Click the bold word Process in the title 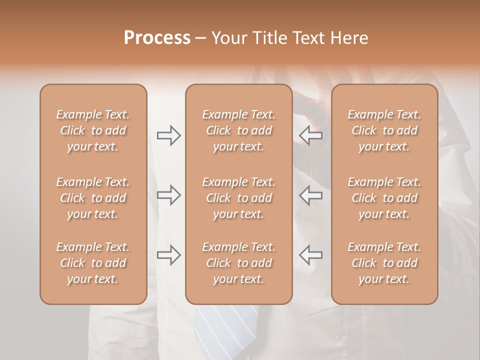pos(157,37)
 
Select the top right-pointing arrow pos(169,135)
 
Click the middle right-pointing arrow pos(169,195)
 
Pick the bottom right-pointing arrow pos(169,255)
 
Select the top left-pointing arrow pos(310,135)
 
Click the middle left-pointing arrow pos(310,195)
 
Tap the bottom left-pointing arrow pos(310,255)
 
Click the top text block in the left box pos(93,130)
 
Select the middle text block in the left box pos(93,198)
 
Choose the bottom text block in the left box pos(93,263)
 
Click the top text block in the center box pos(239,130)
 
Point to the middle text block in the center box pos(239,198)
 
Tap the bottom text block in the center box pos(239,263)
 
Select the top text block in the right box pos(384,130)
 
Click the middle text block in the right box pos(384,198)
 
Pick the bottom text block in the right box pos(384,263)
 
